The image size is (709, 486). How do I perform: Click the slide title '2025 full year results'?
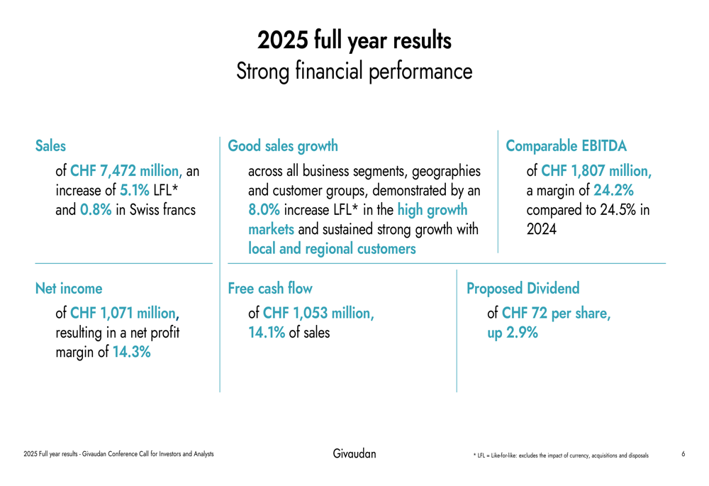[x=354, y=40]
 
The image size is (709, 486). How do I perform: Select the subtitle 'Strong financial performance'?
[x=354, y=71]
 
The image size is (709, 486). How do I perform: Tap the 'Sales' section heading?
[x=50, y=146]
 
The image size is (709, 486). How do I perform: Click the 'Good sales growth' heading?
[x=283, y=146]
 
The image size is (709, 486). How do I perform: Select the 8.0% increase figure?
[x=264, y=210]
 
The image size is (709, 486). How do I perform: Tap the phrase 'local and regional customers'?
[x=332, y=249]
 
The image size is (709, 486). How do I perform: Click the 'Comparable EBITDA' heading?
[x=566, y=146]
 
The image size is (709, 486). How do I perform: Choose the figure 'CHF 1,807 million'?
[x=596, y=172]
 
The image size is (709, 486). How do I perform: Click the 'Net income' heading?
[x=69, y=289]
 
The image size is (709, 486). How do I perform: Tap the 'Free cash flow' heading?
[x=269, y=289]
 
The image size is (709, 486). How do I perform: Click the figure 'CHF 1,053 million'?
[x=318, y=313]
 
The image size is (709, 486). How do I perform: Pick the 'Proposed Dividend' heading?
[x=522, y=289]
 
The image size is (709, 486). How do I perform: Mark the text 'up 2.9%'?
[x=512, y=332]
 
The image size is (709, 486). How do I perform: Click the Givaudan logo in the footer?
[x=354, y=453]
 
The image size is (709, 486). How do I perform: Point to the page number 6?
[x=683, y=453]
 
